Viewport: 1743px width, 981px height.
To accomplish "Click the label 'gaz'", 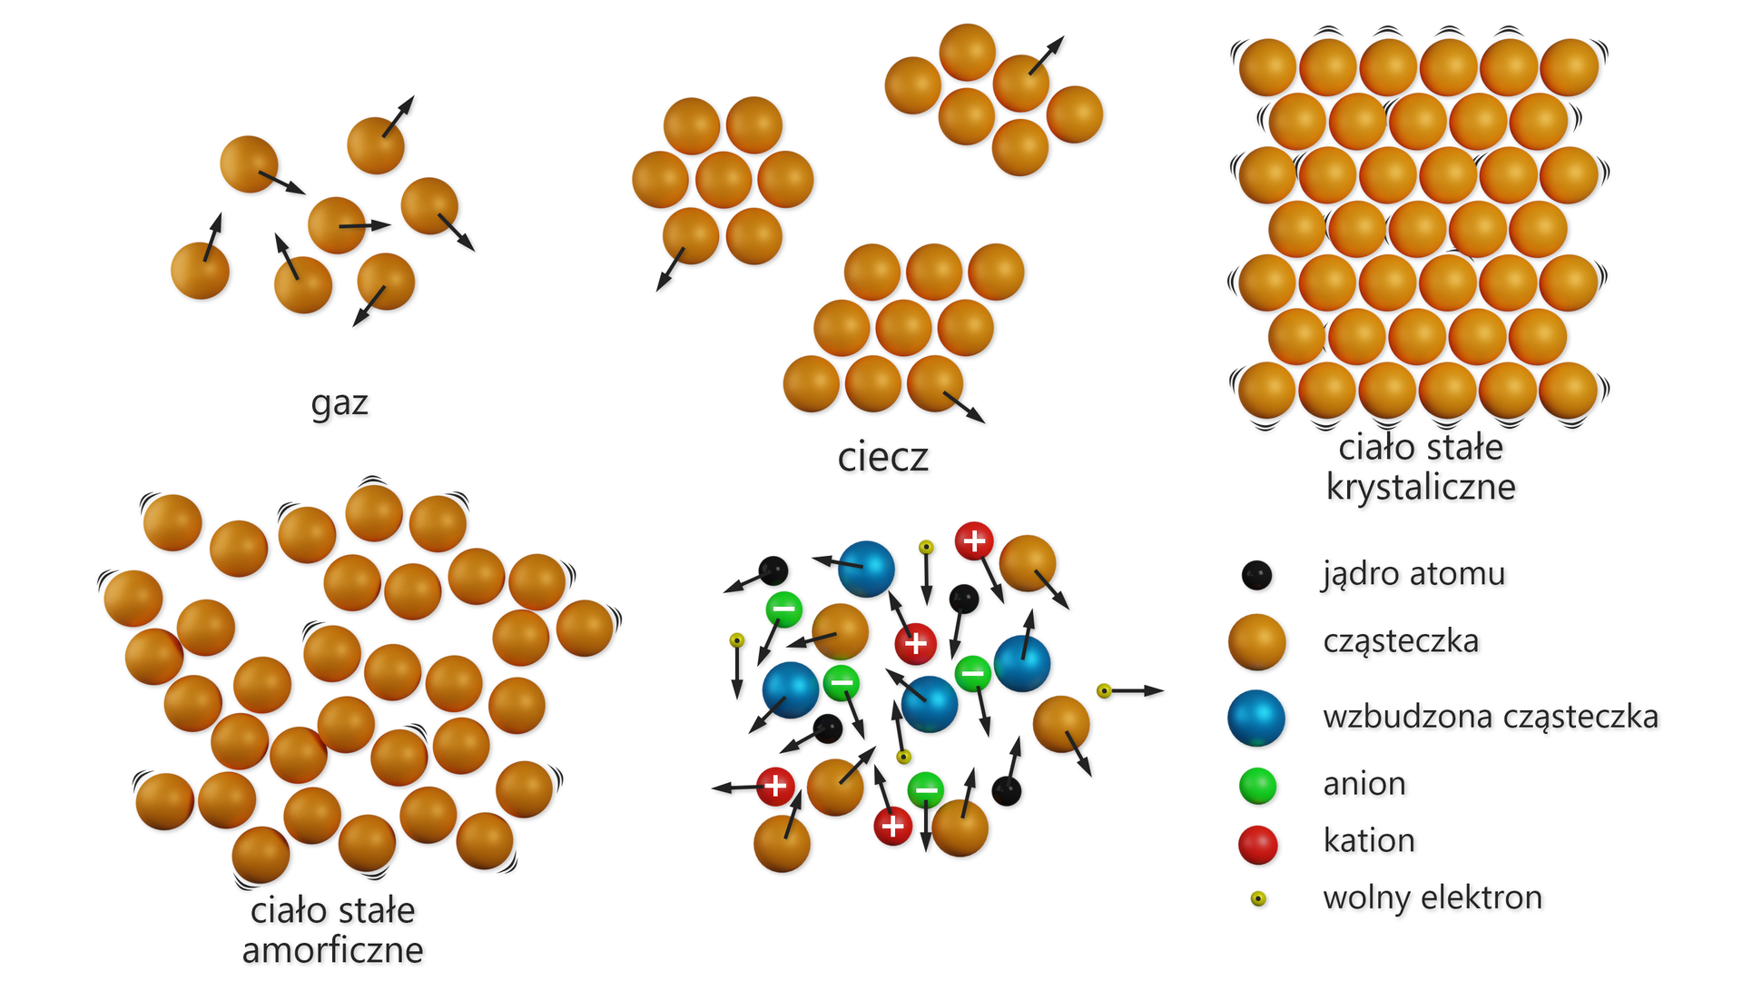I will (340, 403).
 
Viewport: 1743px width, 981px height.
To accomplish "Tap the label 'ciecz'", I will (882, 457).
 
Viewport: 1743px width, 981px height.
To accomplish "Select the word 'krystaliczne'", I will (1421, 488).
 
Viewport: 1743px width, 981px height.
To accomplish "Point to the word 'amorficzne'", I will (332, 950).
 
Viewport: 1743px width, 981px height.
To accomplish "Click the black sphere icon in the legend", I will (1256, 575).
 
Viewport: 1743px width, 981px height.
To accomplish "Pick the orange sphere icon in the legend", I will (1256, 641).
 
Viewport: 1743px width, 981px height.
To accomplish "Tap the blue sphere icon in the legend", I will (1256, 718).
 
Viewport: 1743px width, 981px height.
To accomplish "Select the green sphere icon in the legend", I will (1257, 786).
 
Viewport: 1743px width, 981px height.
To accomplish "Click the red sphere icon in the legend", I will (1257, 844).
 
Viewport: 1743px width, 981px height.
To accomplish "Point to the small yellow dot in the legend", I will (1258, 899).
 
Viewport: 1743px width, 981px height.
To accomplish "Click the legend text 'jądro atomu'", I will (1413, 574).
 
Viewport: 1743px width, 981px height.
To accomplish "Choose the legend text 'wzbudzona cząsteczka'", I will (1491, 717).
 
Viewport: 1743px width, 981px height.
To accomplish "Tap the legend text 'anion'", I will (1364, 784).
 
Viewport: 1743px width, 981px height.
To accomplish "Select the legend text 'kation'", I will (1369, 841).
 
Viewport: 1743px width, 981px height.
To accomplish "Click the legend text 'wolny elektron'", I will (1433, 897).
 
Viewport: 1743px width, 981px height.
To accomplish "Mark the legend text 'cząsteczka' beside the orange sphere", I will (1401, 641).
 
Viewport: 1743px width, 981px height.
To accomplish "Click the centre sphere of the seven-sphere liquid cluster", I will (723, 180).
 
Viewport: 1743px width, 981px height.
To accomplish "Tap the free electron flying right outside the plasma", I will (1104, 691).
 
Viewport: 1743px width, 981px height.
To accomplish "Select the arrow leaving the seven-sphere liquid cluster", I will (670, 270).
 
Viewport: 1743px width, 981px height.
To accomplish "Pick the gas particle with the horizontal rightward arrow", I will (336, 224).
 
